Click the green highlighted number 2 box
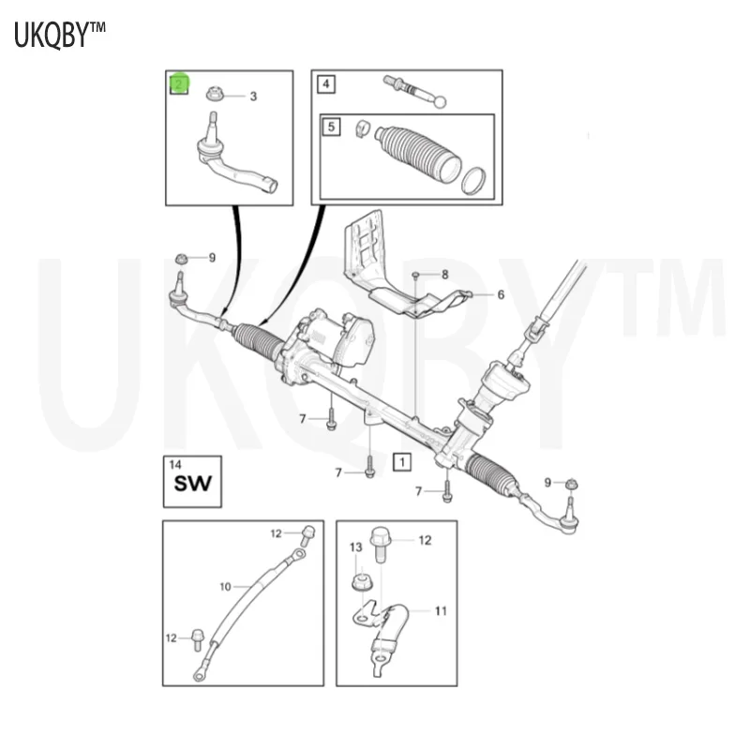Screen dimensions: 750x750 point(179,84)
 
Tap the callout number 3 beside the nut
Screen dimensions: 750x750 point(253,97)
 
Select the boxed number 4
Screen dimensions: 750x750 point(326,84)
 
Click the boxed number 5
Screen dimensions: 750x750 point(331,127)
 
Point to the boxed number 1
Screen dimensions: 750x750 point(402,462)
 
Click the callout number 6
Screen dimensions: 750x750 point(501,294)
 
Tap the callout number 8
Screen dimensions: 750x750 point(444,275)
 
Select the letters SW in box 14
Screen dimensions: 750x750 point(192,484)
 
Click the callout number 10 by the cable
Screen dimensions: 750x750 point(225,587)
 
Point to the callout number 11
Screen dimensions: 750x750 point(441,611)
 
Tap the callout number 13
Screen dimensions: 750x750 point(356,547)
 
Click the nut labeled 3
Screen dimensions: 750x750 point(214,94)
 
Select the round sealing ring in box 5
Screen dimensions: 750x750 point(473,181)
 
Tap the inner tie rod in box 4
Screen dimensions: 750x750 point(414,90)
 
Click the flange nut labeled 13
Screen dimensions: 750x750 point(361,580)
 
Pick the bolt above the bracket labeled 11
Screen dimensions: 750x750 point(381,545)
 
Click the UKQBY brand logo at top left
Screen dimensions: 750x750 point(59,35)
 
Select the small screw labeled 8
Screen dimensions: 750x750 point(415,275)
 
